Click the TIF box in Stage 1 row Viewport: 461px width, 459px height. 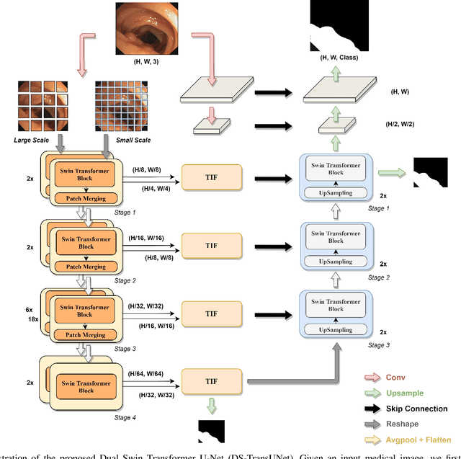pos(211,176)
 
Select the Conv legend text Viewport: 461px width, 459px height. pos(397,376)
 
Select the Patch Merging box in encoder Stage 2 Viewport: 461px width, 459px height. pos(84,267)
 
